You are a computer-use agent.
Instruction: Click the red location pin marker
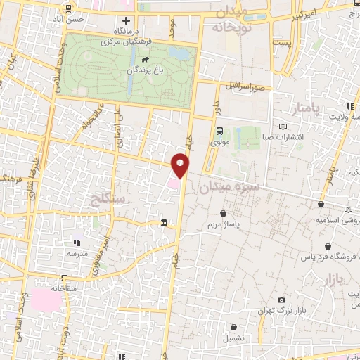tap(181, 166)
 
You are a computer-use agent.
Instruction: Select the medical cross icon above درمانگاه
tap(127, 22)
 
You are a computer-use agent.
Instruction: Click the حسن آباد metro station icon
tap(67, 9)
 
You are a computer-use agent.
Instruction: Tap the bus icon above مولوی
tap(219, 131)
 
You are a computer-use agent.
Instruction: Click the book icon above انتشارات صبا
tap(283, 127)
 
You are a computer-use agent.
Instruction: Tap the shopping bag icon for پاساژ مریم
tap(224, 213)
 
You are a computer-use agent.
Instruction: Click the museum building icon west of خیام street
tap(164, 223)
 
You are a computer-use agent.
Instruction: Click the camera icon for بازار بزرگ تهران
tap(281, 300)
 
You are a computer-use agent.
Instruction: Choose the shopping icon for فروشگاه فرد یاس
tap(328, 246)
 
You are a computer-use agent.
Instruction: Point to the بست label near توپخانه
tap(282, 44)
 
